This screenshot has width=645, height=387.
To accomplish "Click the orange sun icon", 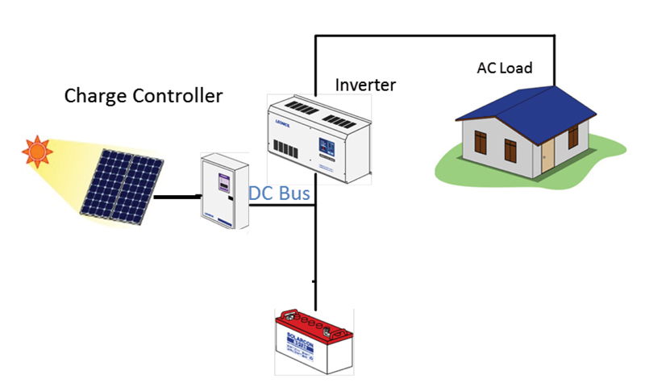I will (36, 150).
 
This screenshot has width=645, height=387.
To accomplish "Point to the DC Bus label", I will (278, 194).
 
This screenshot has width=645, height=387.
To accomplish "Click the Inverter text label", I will (365, 84).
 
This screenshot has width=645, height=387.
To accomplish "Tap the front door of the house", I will (548, 153).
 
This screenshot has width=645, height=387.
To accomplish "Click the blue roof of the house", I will (524, 101).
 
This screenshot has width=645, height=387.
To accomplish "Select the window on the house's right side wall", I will (573, 136).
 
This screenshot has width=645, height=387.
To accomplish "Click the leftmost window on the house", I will (481, 143).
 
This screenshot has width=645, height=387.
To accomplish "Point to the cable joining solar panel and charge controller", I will (177, 196).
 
